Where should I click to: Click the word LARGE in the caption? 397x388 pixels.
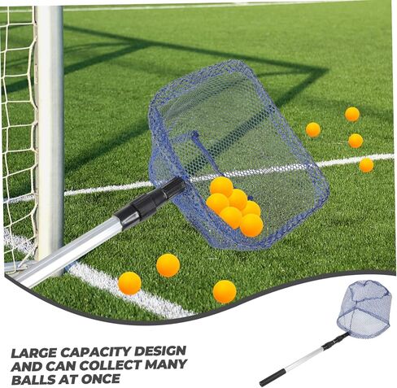pos(33,353)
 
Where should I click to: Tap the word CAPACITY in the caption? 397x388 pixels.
pos(95,352)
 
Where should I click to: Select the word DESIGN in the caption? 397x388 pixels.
pos(160,351)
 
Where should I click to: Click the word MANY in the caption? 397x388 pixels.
pos(166,364)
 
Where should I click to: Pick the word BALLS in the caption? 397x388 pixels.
pos(33,379)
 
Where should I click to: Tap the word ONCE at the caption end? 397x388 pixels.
pos(101,379)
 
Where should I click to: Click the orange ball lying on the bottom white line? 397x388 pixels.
pos(129,283)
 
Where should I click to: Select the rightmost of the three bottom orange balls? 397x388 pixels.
pos(225,291)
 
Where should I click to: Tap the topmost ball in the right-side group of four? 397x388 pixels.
pos(352,114)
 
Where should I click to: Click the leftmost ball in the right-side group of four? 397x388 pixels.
pos(313,129)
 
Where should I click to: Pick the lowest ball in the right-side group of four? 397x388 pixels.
pos(366,165)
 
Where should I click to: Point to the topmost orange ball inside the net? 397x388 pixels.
pos(221,187)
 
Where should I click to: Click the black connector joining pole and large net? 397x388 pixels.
pos(151,201)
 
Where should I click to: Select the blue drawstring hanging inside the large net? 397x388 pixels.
pos(205,153)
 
